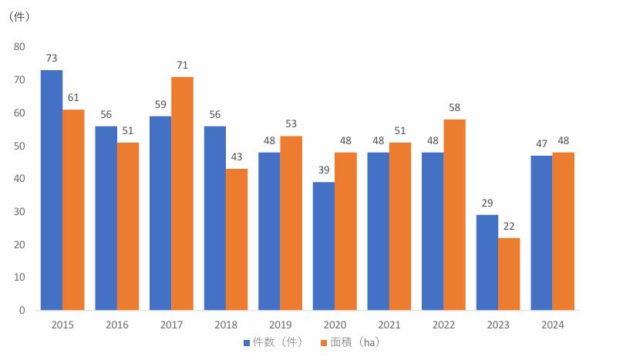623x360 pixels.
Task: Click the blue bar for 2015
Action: click(52, 190)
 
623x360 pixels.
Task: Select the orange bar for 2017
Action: click(183, 193)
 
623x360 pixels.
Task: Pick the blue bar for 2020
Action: click(324, 246)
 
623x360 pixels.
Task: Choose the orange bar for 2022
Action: click(455, 214)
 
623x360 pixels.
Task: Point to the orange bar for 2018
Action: click(237, 239)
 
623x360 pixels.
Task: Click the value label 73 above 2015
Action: click(52, 59)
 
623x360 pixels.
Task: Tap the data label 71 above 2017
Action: click(183, 65)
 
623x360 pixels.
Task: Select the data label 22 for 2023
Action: click(509, 227)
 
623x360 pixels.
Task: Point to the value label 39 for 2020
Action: click(324, 170)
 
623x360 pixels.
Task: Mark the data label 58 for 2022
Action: click(455, 108)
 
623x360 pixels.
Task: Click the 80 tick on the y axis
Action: click(19, 47)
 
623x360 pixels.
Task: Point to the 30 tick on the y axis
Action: click(19, 212)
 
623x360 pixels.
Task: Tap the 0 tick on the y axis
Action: click(22, 311)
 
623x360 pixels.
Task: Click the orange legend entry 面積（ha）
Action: click(356, 342)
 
